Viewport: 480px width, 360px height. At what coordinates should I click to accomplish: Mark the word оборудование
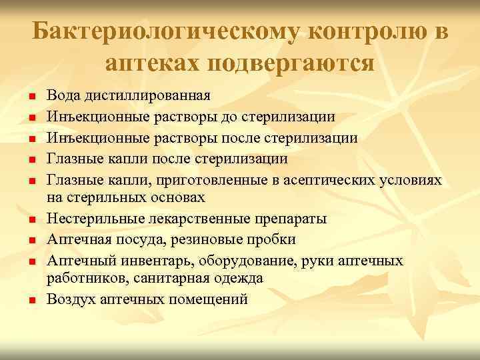pos(267,261)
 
